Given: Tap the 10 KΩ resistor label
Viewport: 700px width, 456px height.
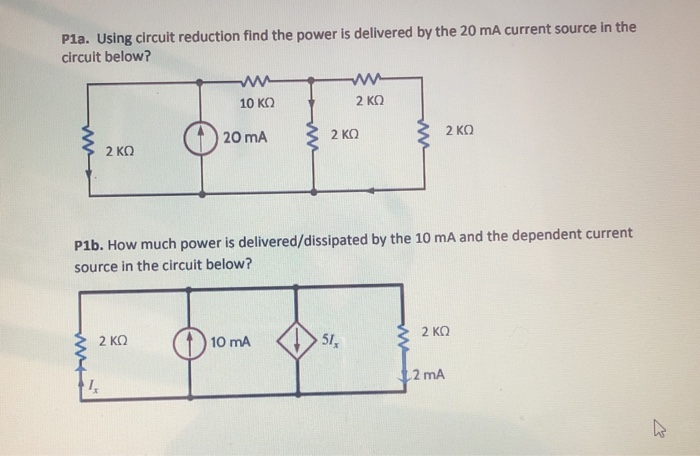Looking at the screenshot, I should pos(257,102).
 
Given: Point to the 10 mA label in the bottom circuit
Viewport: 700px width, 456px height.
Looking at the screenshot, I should pos(231,342).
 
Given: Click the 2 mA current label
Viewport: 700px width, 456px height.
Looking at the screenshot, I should pos(426,376).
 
